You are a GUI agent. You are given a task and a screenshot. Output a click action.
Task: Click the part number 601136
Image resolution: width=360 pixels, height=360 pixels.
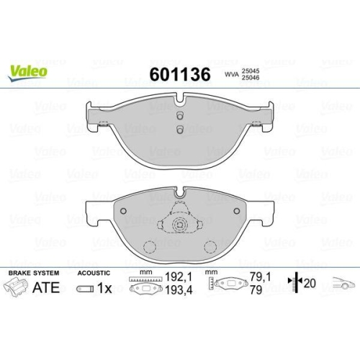pos(179,74)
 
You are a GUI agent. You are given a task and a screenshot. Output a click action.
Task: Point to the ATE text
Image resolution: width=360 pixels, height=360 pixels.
pos(47,288)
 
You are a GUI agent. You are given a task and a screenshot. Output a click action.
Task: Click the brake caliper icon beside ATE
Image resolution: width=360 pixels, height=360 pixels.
pos(18,289)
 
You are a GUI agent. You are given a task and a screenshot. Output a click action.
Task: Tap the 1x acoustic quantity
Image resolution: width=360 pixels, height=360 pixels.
pos(102,288)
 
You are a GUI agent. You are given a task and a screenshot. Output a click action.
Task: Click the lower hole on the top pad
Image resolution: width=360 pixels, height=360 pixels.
pos(180,130)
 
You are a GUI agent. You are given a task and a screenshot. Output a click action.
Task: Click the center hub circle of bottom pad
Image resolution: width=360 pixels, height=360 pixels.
pos(180,225)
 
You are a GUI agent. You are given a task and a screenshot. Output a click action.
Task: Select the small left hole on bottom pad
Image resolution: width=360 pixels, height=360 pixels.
pos(123,211)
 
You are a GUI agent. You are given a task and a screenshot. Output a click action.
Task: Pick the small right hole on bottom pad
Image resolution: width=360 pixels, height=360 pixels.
pos(237,211)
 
